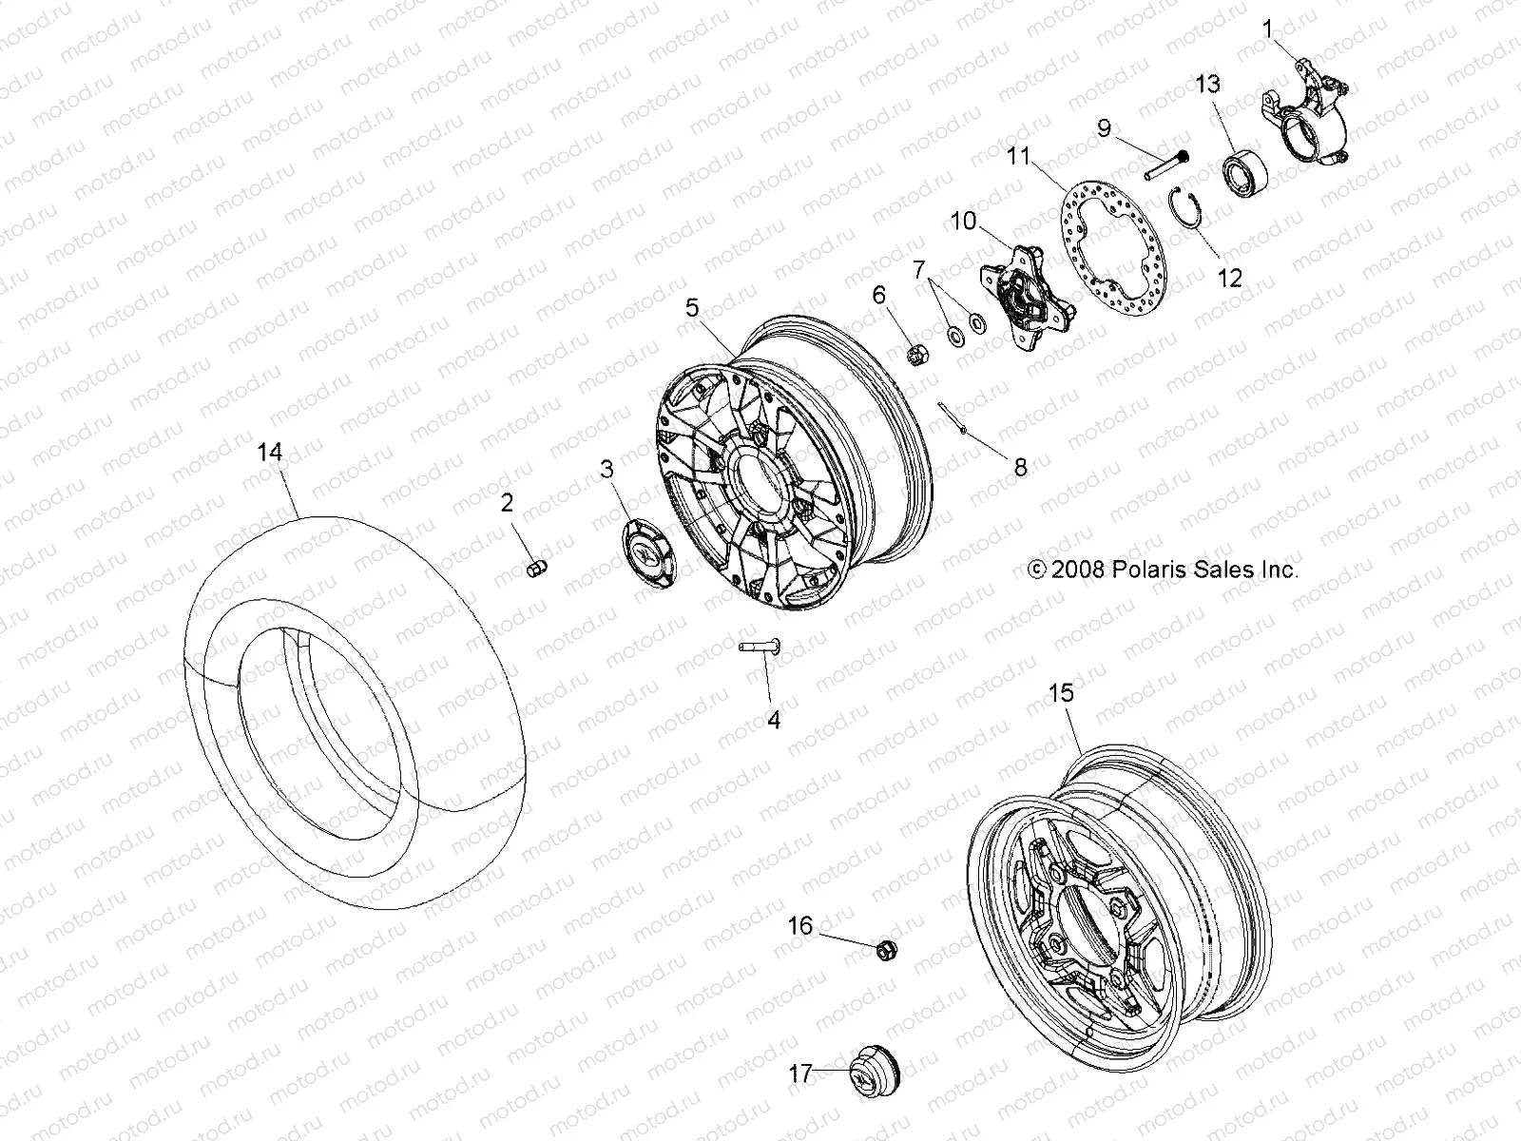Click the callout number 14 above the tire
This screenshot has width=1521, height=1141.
[x=271, y=453]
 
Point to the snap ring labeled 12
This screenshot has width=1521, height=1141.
[x=1184, y=220]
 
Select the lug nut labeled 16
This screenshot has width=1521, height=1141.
[x=884, y=947]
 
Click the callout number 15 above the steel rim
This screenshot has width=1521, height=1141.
[x=1061, y=693]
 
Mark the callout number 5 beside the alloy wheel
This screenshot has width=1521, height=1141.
[x=692, y=308]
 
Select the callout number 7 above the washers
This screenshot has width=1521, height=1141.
[x=918, y=271]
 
